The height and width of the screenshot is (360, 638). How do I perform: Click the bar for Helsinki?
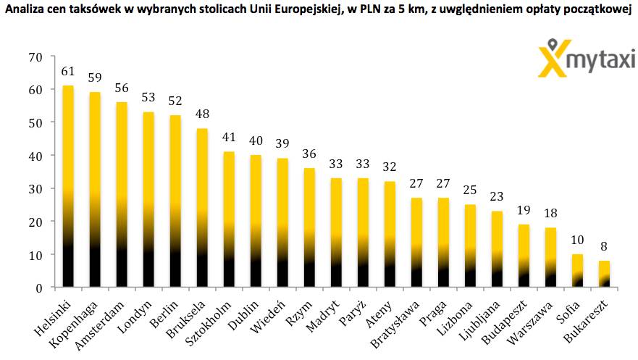[68, 186]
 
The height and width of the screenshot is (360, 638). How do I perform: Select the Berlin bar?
[175, 201]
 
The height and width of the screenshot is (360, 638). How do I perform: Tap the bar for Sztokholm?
[229, 219]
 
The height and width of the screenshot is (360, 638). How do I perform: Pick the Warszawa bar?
[550, 257]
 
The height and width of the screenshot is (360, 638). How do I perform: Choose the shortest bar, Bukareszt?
[604, 274]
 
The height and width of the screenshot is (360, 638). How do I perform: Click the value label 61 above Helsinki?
[68, 72]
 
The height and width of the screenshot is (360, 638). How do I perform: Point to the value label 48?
[202, 114]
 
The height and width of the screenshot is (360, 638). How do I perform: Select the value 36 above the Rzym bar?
[310, 154]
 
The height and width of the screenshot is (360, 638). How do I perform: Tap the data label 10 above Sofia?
[577, 240]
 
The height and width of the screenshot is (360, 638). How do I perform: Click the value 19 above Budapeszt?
[524, 210]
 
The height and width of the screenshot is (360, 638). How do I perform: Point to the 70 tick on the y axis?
[35, 57]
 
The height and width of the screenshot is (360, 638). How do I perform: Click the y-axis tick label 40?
[35, 156]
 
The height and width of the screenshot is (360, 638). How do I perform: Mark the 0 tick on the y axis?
[39, 288]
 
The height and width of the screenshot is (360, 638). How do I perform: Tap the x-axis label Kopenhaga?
[74, 325]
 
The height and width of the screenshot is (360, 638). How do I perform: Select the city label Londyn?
[135, 317]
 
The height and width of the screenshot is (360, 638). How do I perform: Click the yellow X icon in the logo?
[552, 60]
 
